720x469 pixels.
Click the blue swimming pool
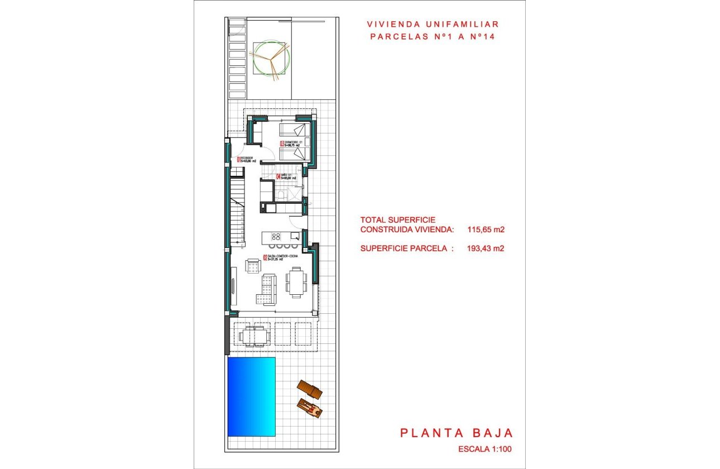(x=251, y=396)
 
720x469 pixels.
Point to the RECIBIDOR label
(x=247, y=160)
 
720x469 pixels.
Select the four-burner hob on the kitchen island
(x=276, y=236)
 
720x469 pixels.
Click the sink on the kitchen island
(x=294, y=236)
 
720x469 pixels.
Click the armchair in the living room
(x=252, y=266)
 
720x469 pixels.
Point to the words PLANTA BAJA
(x=456, y=433)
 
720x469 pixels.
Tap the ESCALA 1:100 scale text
(x=484, y=449)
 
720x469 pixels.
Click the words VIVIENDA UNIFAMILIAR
(x=433, y=25)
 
